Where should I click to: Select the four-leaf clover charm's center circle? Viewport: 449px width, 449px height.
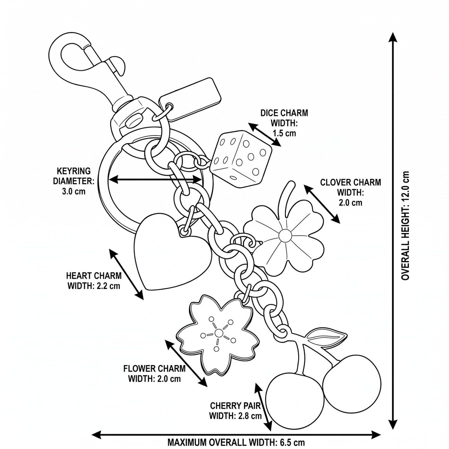pos(285,236)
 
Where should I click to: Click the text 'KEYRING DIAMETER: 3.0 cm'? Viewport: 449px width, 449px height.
pos(74,181)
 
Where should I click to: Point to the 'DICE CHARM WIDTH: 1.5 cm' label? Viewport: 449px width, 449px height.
pos(284,123)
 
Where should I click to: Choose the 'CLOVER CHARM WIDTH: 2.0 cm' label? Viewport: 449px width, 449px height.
pos(351,192)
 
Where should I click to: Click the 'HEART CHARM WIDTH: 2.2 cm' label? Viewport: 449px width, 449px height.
pos(94,281)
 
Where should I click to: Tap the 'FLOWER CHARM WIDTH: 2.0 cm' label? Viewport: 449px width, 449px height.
pos(155,380)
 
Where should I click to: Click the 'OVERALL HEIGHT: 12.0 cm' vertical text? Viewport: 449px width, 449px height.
pos(405,226)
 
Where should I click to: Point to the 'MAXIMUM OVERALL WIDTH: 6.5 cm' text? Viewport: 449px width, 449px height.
pos(236,442)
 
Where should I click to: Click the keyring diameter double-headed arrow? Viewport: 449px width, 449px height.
pos(155,180)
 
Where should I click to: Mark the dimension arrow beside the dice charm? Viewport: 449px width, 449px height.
pos(264,134)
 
